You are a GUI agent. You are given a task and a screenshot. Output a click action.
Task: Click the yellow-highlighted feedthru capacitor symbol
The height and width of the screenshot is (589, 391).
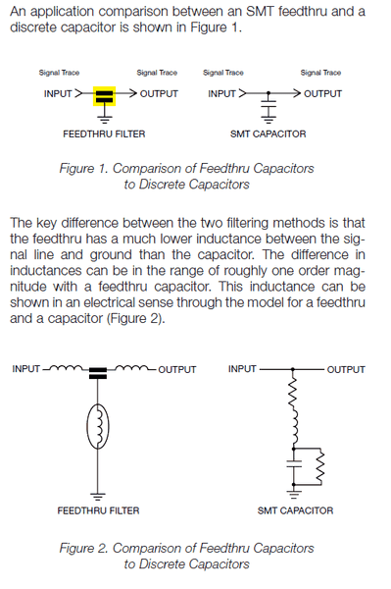click(104, 96)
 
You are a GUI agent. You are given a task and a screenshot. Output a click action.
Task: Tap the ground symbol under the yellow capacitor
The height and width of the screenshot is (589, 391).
click(105, 120)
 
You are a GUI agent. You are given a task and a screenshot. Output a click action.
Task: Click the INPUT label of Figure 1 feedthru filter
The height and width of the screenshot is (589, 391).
click(58, 93)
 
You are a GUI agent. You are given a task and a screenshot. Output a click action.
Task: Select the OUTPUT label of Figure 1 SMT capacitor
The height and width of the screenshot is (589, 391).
click(322, 93)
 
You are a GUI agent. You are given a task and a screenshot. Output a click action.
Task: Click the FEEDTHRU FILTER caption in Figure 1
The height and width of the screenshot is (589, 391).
click(104, 134)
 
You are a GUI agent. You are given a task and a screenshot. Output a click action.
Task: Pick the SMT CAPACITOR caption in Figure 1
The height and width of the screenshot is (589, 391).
click(269, 134)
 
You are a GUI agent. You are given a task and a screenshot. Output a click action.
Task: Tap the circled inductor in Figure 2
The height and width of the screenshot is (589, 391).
click(98, 426)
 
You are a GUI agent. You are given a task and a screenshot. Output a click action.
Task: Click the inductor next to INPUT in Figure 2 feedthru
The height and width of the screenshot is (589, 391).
click(66, 367)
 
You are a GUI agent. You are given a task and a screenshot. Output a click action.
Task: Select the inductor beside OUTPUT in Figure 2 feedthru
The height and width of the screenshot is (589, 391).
click(131, 367)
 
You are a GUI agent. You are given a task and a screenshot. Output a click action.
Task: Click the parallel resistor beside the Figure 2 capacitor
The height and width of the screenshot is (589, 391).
click(319, 466)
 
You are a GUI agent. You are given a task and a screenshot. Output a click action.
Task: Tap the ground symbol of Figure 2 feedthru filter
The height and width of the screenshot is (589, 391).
click(98, 497)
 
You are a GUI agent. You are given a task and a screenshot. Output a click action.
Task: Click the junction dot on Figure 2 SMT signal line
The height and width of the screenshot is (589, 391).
click(293, 370)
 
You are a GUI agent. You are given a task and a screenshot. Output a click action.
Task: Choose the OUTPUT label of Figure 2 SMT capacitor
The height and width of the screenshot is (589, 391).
click(346, 370)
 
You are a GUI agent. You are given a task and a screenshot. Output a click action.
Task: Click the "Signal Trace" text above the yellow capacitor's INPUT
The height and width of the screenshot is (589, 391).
click(59, 73)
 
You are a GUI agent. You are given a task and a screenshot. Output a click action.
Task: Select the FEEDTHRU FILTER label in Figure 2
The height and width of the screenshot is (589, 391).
click(98, 510)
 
